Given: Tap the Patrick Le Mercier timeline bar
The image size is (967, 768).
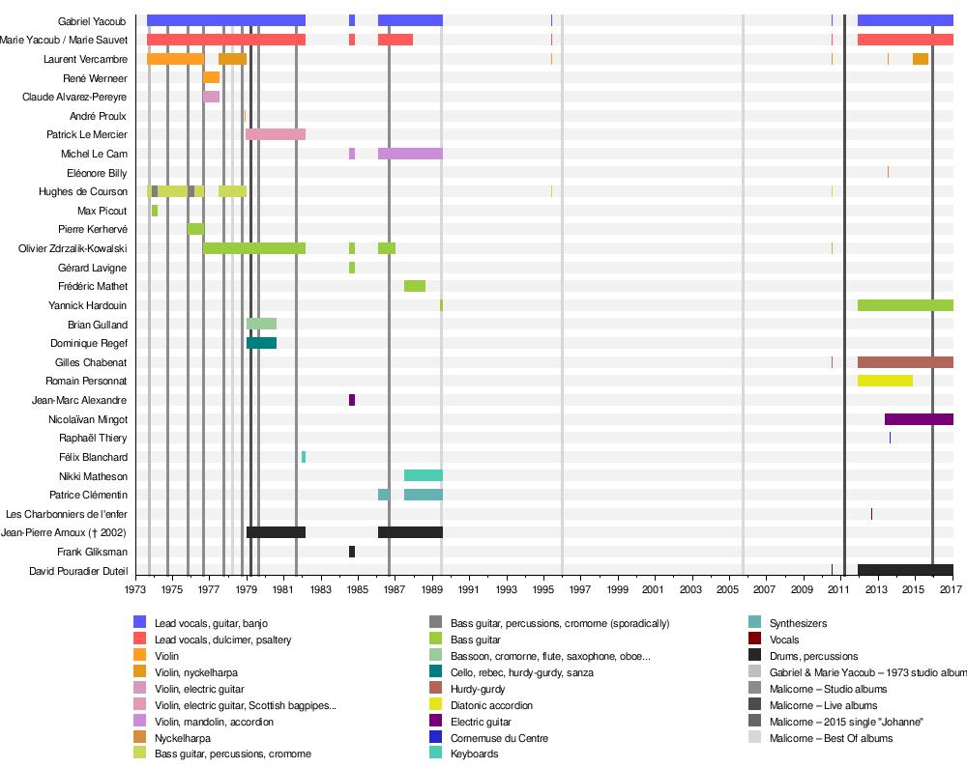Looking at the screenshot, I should click(x=276, y=134).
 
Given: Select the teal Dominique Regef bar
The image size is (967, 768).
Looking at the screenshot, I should click(x=261, y=343).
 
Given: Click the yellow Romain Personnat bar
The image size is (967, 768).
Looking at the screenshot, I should click(x=885, y=381).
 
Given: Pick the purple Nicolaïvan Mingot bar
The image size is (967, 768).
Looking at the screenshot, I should click(x=919, y=419).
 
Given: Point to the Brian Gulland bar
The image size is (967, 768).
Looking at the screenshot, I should click(x=261, y=324).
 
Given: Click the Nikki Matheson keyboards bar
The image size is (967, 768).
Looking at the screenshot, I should click(x=424, y=475).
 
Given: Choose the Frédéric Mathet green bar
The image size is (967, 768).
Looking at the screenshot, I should click(x=415, y=286).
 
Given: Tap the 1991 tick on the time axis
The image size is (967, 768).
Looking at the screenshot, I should click(x=468, y=588).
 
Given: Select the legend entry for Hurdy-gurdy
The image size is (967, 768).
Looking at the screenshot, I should click(x=477, y=689).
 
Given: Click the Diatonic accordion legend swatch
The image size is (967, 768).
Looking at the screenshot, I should click(x=436, y=705).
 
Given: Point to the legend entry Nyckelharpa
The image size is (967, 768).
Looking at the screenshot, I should click(x=182, y=738).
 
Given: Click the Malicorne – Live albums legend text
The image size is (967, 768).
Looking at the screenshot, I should click(x=828, y=705).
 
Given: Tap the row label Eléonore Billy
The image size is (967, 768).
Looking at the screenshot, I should click(x=97, y=173).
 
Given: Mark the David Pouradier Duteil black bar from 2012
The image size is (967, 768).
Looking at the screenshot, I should click(x=905, y=570).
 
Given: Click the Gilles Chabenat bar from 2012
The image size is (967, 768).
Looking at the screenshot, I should click(x=905, y=362).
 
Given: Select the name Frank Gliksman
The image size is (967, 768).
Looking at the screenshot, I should click(x=92, y=552).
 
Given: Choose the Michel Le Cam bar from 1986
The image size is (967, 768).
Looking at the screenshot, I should click(x=410, y=154).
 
